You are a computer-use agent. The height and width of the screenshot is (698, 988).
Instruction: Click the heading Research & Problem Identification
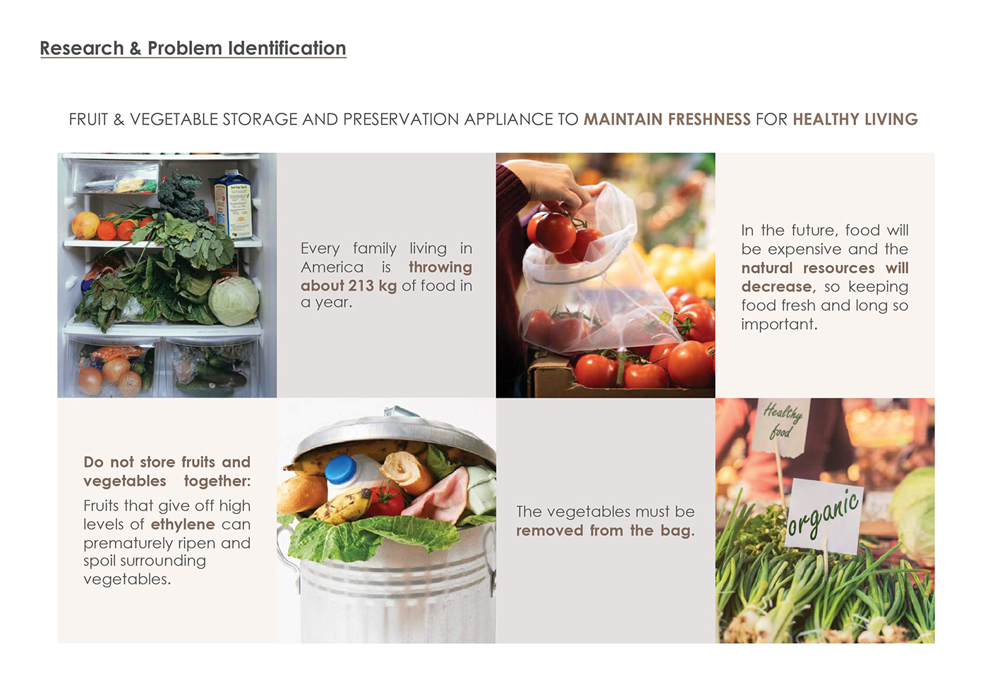(193, 48)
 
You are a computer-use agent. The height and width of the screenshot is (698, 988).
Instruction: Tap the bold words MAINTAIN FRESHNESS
(667, 119)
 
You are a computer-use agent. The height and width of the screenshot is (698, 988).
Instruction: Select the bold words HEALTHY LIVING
(855, 119)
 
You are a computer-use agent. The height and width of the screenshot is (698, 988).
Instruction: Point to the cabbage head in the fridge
(234, 302)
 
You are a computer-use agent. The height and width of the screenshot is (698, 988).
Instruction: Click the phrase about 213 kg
(349, 286)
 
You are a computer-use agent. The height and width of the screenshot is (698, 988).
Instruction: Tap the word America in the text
(332, 267)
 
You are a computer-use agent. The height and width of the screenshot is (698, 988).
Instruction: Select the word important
(779, 324)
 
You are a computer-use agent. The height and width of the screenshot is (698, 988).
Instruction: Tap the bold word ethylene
(183, 525)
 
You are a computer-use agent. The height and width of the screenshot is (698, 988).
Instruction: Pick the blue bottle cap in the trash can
(340, 470)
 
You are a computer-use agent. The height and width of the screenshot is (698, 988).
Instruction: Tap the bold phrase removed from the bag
(606, 530)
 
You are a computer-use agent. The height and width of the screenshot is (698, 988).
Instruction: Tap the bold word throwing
(440, 267)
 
